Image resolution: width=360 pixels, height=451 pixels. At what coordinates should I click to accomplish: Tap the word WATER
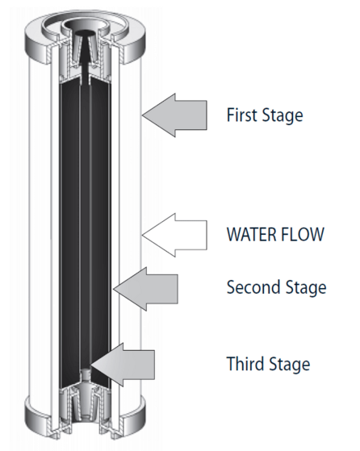[252, 234]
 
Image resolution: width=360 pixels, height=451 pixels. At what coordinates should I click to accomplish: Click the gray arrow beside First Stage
[174, 115]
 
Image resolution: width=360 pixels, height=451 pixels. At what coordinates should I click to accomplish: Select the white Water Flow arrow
[174, 235]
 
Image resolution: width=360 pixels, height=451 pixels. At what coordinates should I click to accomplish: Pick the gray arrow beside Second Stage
[145, 289]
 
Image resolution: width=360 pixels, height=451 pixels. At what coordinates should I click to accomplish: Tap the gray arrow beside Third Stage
[123, 365]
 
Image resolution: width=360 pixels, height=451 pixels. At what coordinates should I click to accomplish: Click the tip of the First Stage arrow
[142, 115]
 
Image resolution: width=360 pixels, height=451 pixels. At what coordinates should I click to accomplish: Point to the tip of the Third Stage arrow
[90, 365]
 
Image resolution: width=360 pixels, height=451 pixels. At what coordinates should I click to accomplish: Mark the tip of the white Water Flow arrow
[142, 235]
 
